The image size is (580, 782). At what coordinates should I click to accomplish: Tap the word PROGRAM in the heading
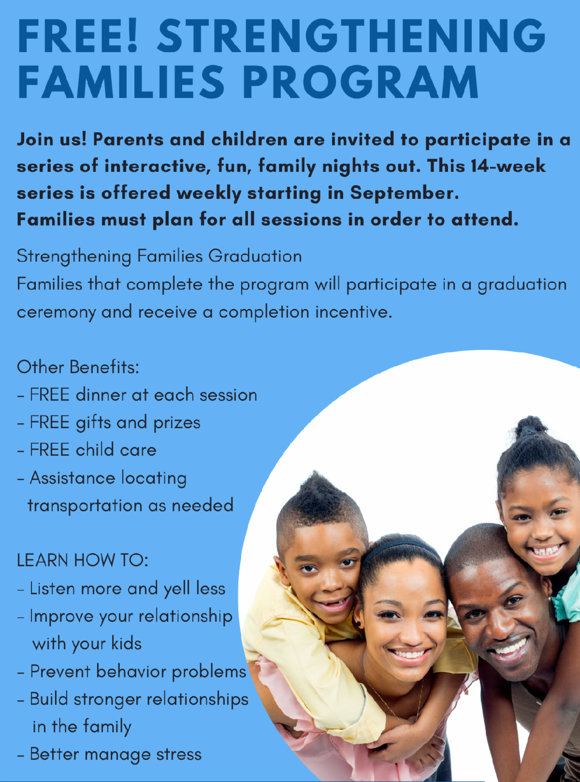point(361,82)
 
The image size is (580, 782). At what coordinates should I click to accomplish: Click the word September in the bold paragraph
point(404,194)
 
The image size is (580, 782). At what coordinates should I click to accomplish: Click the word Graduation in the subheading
point(255,256)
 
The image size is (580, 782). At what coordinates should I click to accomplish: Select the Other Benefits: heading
point(78,367)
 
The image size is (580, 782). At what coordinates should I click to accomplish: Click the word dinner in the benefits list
point(101,394)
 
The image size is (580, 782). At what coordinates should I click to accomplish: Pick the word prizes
point(177,423)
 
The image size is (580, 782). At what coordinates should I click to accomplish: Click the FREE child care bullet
point(87,450)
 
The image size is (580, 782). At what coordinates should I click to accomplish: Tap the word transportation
point(85,505)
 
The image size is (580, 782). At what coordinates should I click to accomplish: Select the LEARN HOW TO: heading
point(83,560)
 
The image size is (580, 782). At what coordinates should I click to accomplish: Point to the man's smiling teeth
point(509,648)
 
